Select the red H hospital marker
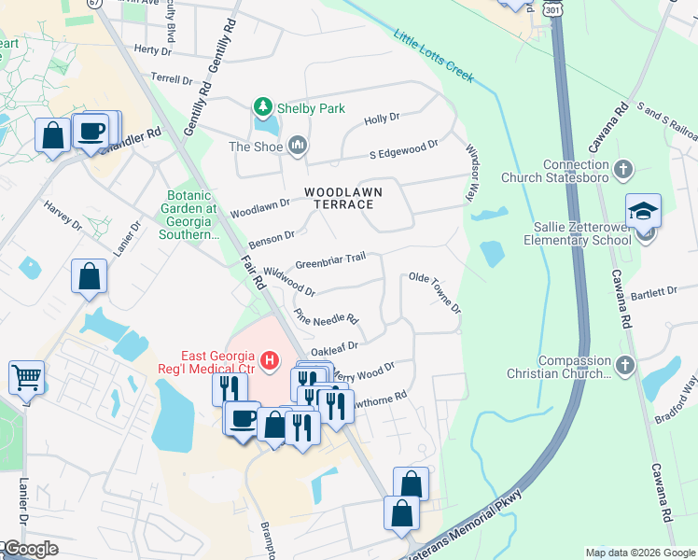point(270,358)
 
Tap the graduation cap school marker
point(643,211)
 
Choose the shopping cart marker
point(26,377)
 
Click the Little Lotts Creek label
point(433,56)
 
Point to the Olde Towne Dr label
point(436,293)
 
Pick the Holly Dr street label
point(382,119)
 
